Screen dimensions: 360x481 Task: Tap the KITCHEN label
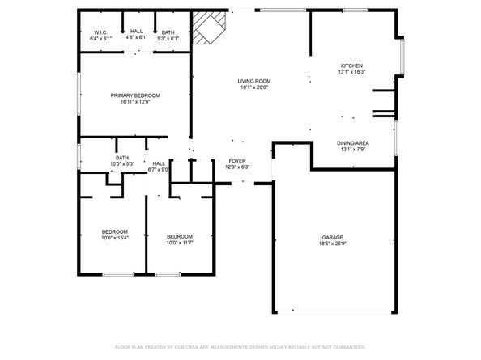click(x=351, y=66)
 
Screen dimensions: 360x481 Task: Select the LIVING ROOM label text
click(x=253, y=81)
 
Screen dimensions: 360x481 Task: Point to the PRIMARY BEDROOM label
click(x=135, y=95)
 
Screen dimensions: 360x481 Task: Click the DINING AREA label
click(x=353, y=143)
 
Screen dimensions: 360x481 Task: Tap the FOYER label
click(x=237, y=161)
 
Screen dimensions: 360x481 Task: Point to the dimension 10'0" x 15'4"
click(x=113, y=239)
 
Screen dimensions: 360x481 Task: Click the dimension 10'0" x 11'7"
click(x=180, y=243)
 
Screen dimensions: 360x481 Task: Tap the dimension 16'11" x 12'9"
click(x=135, y=102)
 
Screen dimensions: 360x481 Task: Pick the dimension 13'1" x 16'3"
click(x=351, y=72)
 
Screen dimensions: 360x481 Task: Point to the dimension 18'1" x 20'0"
click(x=253, y=87)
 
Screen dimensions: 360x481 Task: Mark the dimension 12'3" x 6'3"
click(x=237, y=167)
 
